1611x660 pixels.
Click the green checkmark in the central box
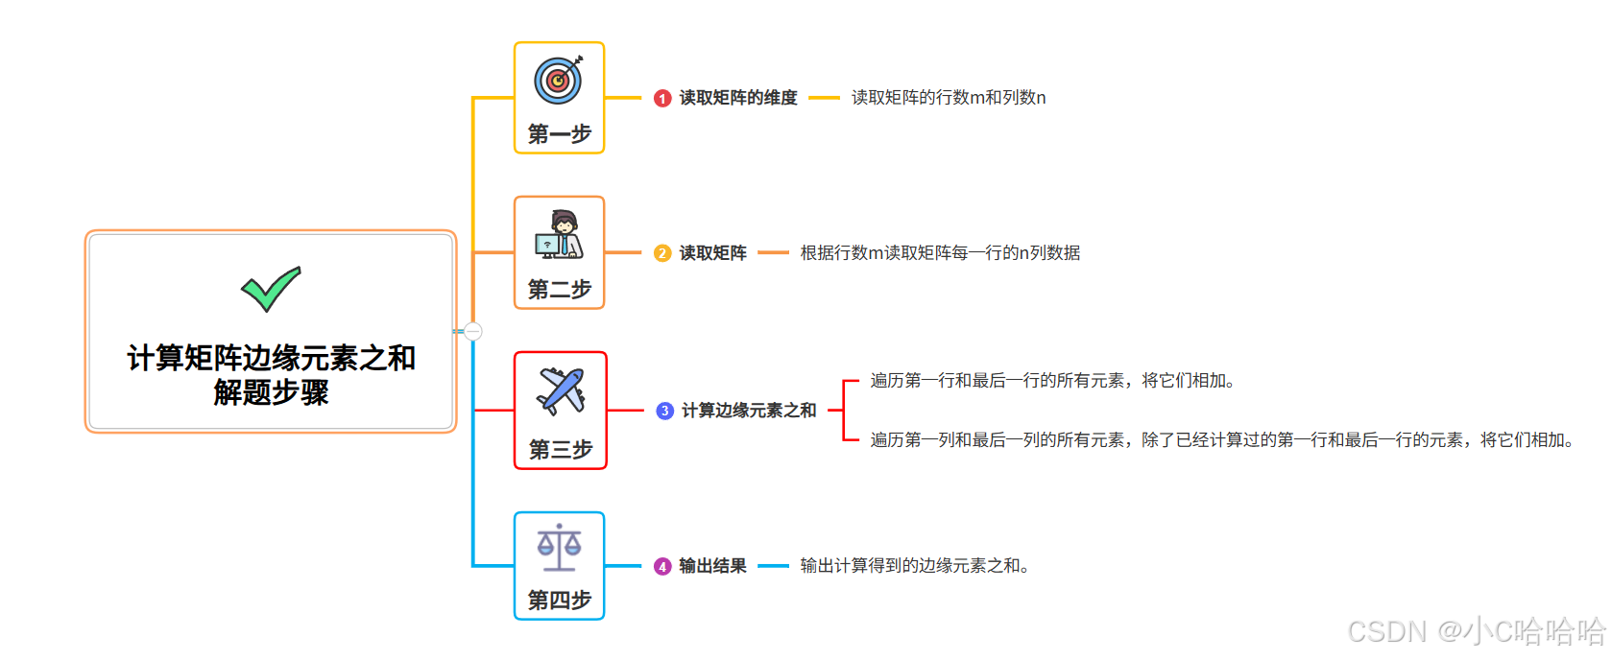tap(271, 289)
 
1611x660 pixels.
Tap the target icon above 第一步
tap(559, 80)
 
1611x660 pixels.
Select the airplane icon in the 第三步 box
tap(561, 390)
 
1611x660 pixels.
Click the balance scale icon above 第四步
tap(559, 547)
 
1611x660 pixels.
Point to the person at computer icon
tap(559, 235)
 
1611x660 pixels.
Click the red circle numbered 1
tap(662, 98)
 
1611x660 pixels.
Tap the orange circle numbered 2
tap(662, 253)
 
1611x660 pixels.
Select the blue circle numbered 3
tap(664, 411)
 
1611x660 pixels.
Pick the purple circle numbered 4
tap(662, 566)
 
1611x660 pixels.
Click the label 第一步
tap(559, 133)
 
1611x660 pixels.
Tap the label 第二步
tap(559, 289)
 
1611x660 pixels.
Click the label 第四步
tap(559, 600)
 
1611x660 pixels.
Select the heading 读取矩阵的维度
tap(738, 98)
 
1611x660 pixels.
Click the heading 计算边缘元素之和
tap(749, 411)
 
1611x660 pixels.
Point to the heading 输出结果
tap(712, 566)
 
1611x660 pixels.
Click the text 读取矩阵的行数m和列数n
tap(949, 98)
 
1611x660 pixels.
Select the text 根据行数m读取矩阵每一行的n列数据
tap(940, 253)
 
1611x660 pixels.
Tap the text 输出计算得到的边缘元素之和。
tap(915, 566)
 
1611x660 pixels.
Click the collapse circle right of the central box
tap(473, 331)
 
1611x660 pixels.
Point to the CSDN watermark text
tap(1476, 631)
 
